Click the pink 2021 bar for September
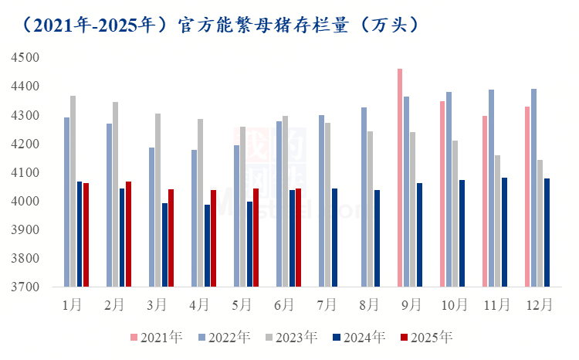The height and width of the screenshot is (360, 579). coord(400,178)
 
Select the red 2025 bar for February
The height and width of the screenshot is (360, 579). coord(128,234)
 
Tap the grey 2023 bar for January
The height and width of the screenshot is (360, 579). coord(73,192)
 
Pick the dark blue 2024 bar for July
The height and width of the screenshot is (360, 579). coord(334,238)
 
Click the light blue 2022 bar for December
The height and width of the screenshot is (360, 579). coord(534,188)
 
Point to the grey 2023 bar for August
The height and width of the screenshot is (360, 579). coord(371,209)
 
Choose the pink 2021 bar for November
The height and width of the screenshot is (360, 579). coord(485,202)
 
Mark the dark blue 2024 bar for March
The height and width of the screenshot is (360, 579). coord(164,245)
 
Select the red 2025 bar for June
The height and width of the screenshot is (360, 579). coord(298,238)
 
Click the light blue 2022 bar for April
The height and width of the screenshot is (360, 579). coord(195,219)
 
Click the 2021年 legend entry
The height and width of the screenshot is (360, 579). coord(157,338)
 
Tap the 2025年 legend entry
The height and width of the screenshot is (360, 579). coord(426,338)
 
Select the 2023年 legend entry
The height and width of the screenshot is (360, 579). coord(292,338)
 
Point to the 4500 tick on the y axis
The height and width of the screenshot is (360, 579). coord(25,58)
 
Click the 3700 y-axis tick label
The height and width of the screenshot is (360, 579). coord(25,287)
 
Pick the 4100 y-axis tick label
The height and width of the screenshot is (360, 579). coord(25,172)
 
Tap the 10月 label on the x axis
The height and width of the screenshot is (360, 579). coord(455,305)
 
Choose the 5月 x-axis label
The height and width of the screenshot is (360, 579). coord(242,305)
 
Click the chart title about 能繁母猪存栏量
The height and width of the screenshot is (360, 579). coord(221,25)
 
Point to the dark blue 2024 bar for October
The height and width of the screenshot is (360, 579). coord(462,233)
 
